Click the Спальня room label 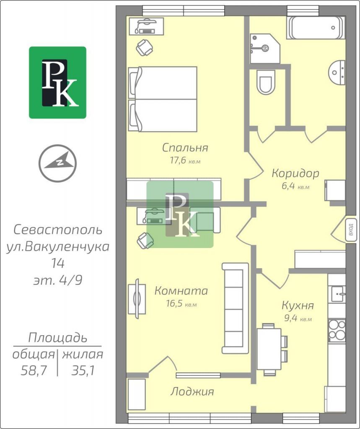[185, 148]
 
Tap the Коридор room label [295, 173]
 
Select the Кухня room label [298, 305]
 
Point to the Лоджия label [192, 392]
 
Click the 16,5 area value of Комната [174, 304]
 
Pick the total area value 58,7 [34, 371]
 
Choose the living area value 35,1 [83, 371]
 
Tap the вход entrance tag [351, 230]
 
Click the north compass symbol [57, 163]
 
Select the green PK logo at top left [58, 83]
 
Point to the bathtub [316, 28]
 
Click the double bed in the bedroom [163, 99]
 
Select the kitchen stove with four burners [337, 331]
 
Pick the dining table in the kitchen [269, 349]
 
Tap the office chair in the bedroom [145, 48]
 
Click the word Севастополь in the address [58, 230]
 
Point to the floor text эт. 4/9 [58, 280]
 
